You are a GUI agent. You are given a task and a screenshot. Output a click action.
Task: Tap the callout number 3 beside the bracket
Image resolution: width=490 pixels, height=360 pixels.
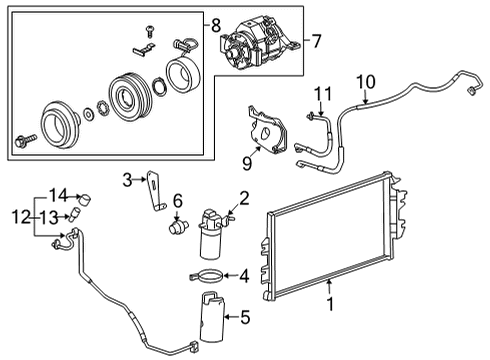[128, 180]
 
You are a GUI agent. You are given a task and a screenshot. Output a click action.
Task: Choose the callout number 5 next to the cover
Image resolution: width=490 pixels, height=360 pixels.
[243, 319]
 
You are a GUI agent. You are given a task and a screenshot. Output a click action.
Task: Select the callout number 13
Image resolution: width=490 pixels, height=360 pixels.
[47, 215]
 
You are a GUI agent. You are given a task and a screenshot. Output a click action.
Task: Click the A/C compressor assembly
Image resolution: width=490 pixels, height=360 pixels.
[258, 45]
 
